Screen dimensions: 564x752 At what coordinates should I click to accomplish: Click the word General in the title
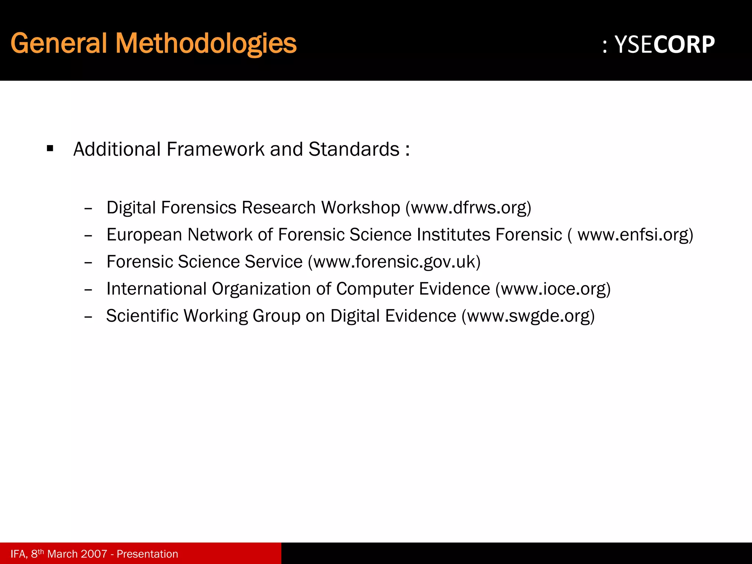pos(59,43)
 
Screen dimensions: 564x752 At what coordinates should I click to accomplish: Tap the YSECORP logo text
pos(664,45)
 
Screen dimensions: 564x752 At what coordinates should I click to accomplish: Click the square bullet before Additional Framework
pos(50,149)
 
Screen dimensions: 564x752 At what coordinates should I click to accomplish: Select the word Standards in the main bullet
pos(354,149)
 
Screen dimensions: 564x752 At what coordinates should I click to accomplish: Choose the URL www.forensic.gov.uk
pos(394,262)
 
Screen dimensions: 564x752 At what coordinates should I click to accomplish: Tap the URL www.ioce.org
pos(553,289)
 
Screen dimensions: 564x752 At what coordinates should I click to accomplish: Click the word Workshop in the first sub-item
pos(360,208)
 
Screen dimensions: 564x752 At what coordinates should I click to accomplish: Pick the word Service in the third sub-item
pos(274,262)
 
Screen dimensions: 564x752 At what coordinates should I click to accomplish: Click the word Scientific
pos(142,316)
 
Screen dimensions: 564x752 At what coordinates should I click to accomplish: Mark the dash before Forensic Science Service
pos(88,263)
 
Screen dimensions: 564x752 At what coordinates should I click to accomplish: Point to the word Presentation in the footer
pos(147,554)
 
